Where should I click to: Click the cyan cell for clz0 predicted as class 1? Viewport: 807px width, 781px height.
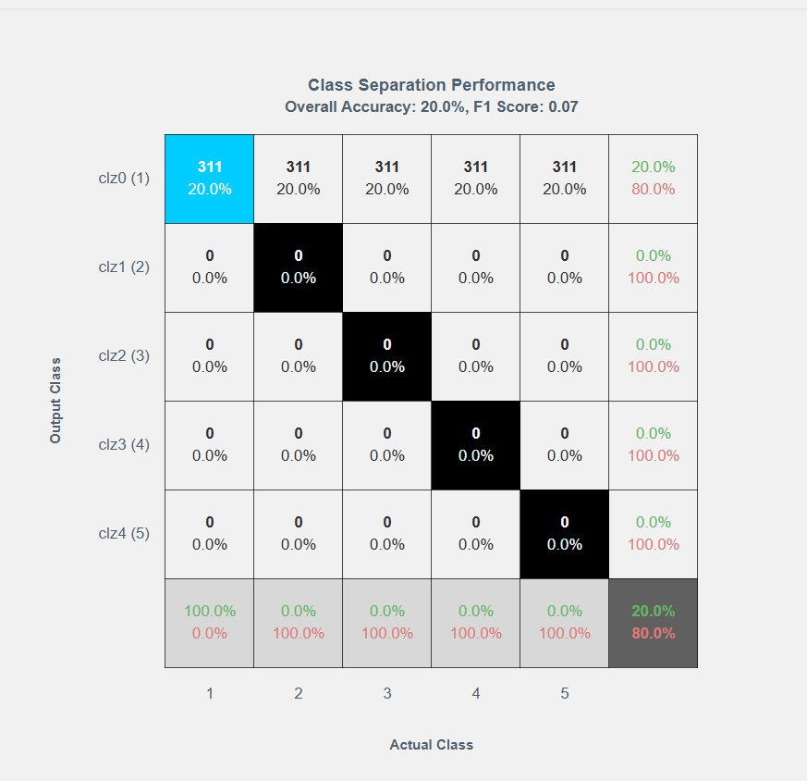click(210, 179)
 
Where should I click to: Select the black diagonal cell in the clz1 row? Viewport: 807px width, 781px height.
click(299, 267)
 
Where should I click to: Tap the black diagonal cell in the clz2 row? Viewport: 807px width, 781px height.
click(387, 356)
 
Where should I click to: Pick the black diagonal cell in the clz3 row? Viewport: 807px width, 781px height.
click(476, 445)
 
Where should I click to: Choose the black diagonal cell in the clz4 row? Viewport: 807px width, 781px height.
click(565, 534)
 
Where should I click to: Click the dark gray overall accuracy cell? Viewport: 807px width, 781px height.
click(654, 623)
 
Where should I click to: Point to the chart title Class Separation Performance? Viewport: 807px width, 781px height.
click(432, 86)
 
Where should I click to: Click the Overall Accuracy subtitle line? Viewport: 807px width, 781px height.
click(432, 106)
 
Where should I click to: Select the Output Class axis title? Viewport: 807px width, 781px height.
click(55, 400)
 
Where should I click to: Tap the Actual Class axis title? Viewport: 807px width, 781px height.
click(432, 745)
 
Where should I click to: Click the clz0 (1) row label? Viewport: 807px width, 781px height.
click(124, 178)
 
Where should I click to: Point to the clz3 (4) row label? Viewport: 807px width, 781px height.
click(124, 444)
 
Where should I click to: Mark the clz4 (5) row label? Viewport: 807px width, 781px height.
click(124, 533)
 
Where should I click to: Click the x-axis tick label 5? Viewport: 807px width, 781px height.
click(565, 693)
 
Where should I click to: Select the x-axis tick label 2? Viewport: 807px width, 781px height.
click(299, 693)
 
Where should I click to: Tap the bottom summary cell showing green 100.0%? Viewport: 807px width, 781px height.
click(210, 623)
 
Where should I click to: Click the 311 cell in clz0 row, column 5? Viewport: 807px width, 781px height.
click(565, 179)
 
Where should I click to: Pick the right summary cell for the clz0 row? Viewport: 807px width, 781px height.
click(654, 179)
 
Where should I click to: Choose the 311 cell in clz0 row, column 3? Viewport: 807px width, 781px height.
click(387, 179)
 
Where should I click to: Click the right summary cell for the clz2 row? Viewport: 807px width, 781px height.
click(654, 356)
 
